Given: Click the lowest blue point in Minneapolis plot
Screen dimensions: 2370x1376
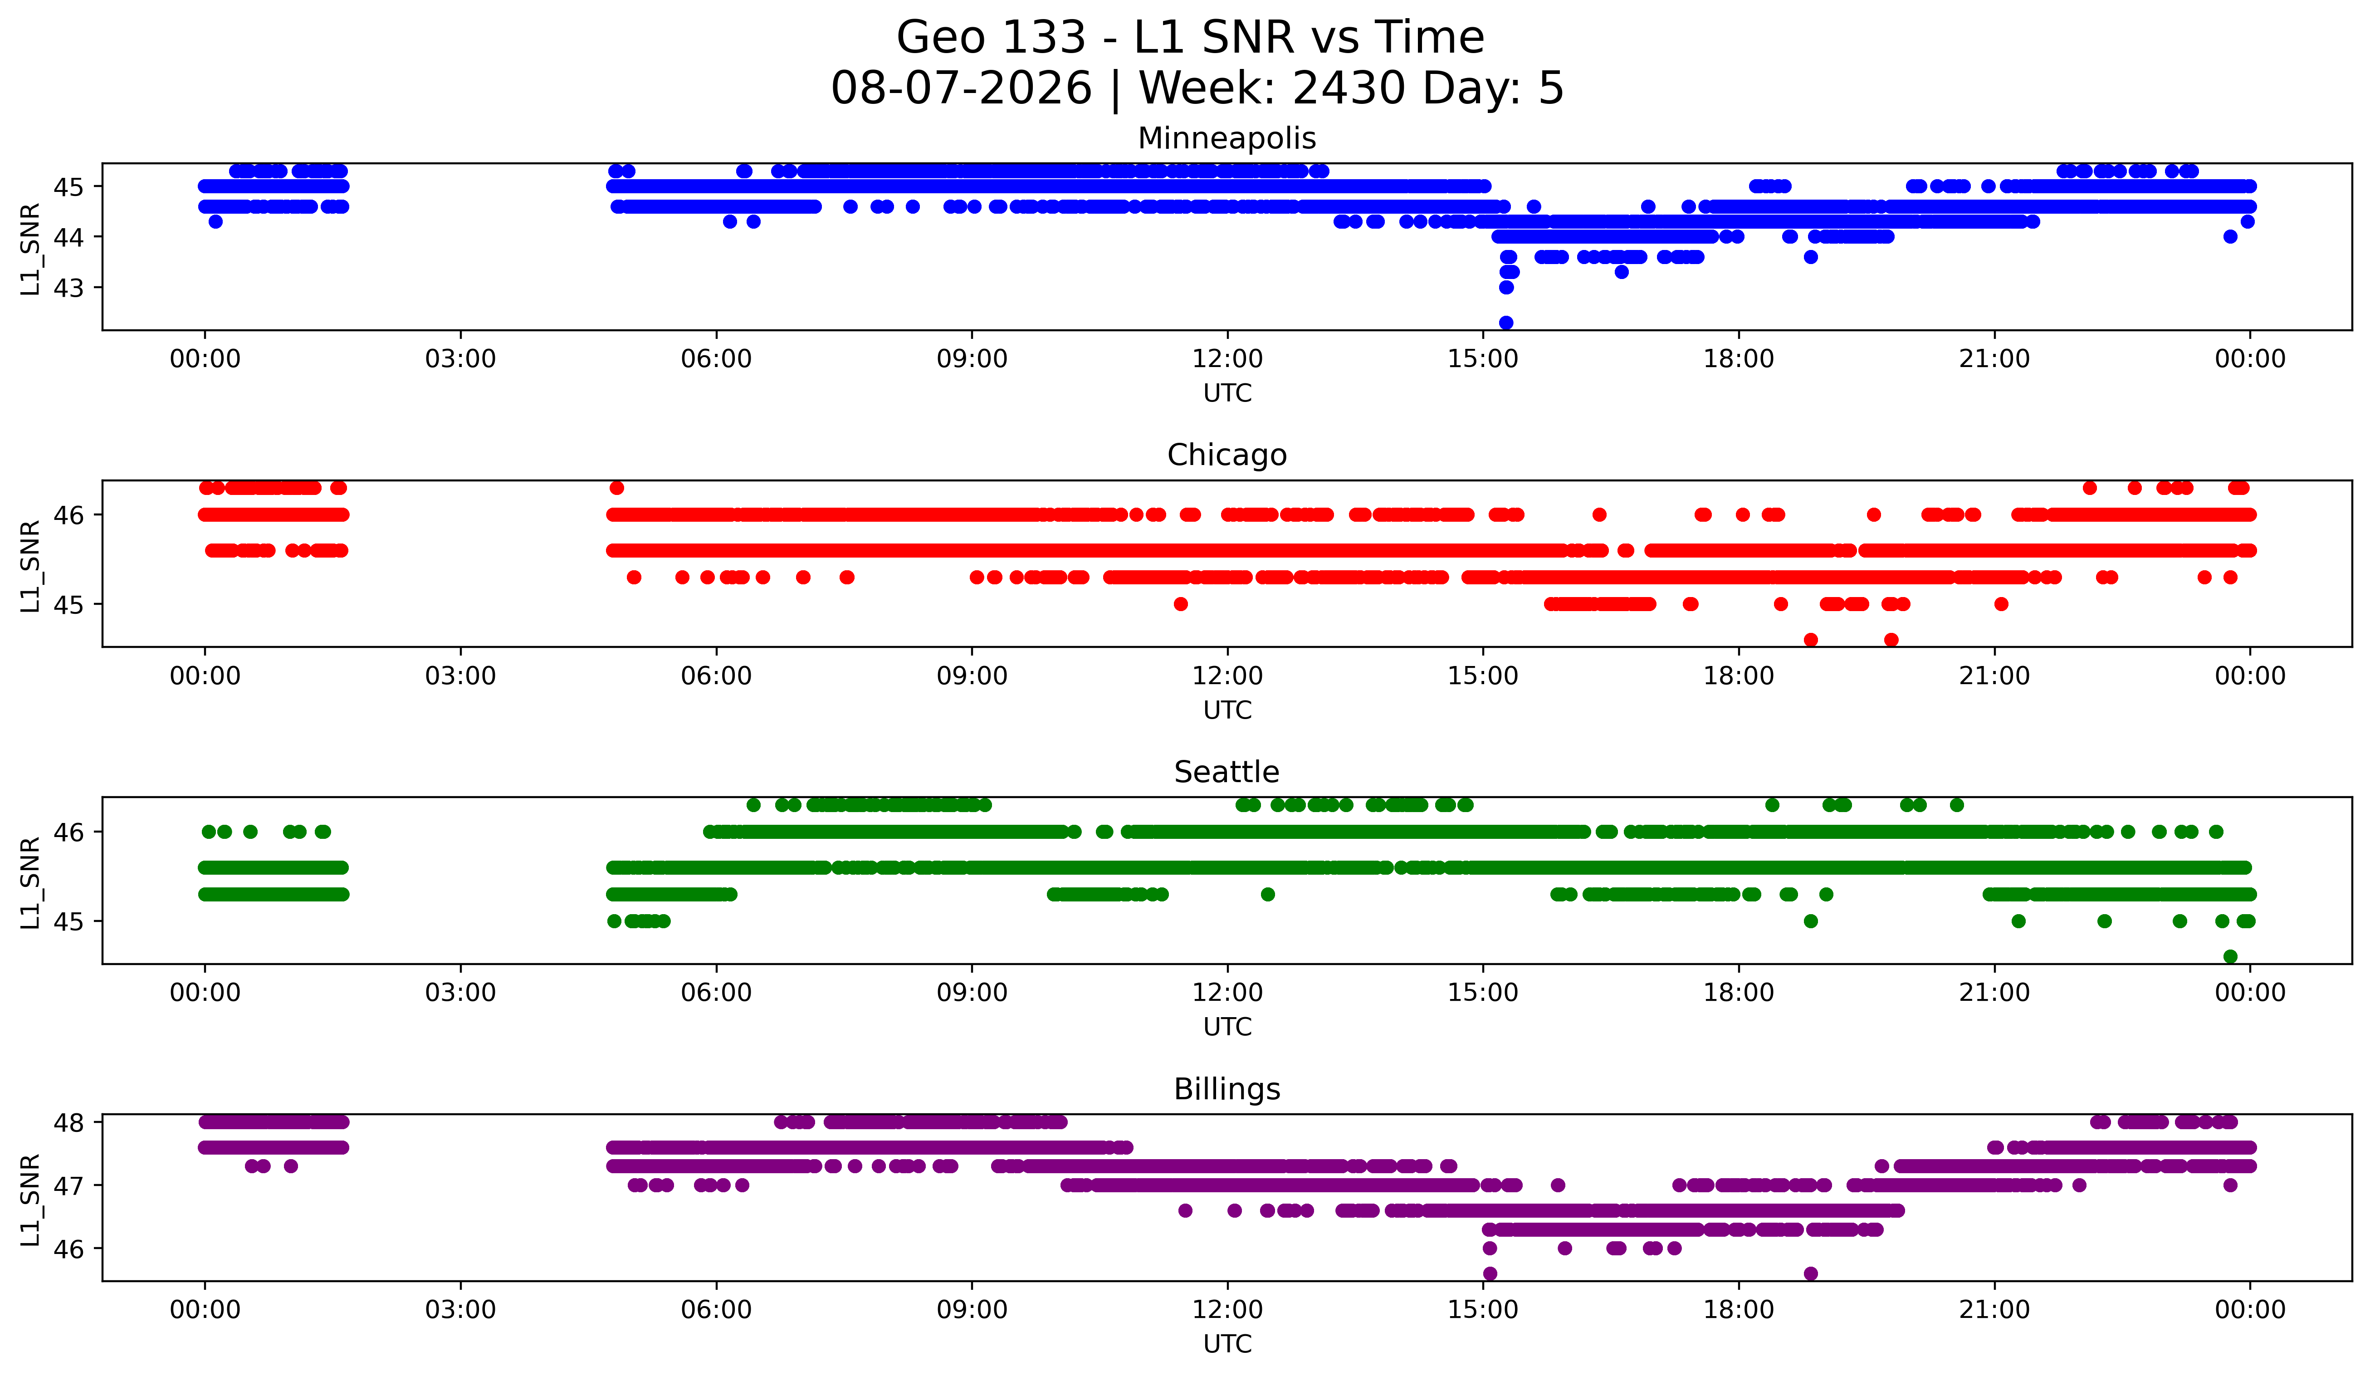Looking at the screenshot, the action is pyautogui.click(x=1506, y=323).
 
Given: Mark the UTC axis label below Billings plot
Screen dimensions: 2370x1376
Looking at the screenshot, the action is pyautogui.click(x=1227, y=1344).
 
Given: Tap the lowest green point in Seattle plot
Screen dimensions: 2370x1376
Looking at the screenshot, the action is pyautogui.click(x=2230, y=956).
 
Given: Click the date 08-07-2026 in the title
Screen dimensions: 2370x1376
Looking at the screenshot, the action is pyautogui.click(x=961, y=88).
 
